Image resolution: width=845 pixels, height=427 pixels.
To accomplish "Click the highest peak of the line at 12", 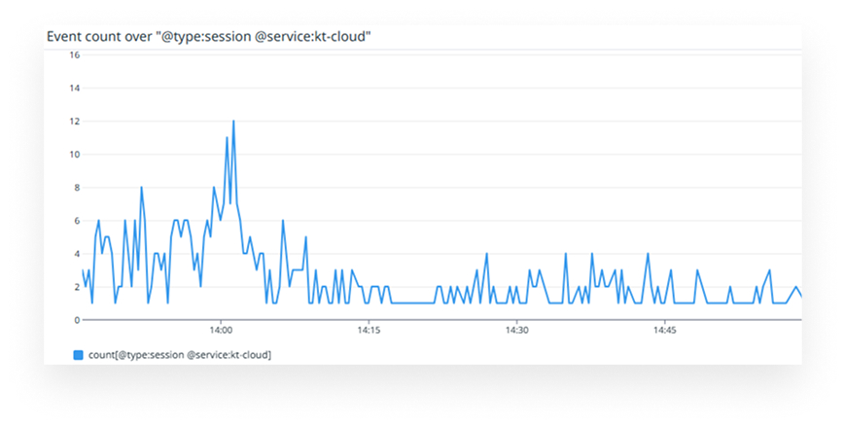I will pyautogui.click(x=233, y=122).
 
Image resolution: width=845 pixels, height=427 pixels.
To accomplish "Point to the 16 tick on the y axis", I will pyautogui.click(x=75, y=55).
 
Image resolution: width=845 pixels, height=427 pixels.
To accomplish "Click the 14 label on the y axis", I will pyautogui.click(x=75, y=89).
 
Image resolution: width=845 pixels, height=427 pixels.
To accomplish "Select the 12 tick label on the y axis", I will pyautogui.click(x=75, y=122).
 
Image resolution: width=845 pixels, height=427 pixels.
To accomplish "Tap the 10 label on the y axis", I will pyautogui.click(x=75, y=155).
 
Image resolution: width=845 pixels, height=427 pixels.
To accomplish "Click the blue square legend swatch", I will pyautogui.click(x=79, y=355).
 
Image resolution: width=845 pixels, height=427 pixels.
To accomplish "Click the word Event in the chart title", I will pyautogui.click(x=65, y=37).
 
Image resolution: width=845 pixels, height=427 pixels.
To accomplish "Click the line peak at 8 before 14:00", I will pyautogui.click(x=141, y=188).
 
